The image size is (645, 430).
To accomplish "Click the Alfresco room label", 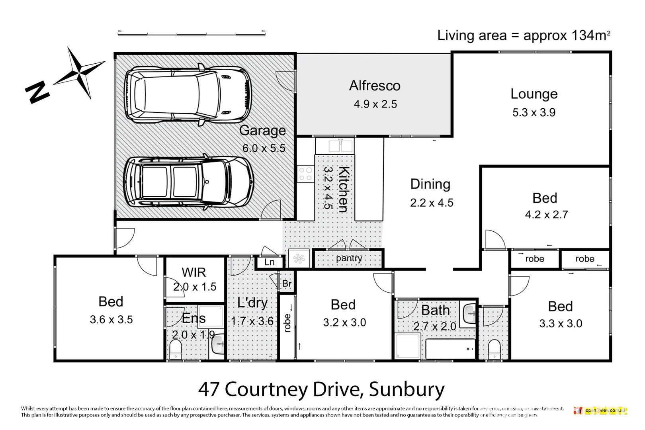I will point(375,86).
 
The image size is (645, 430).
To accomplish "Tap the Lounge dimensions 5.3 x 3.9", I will point(534,113).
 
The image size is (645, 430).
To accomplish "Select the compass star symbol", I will point(79,73).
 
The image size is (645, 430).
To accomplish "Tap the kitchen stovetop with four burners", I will point(305,174).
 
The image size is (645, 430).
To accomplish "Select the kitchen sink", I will point(340,146).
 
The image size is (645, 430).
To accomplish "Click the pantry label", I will point(349,258).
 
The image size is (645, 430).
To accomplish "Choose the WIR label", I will point(194,273).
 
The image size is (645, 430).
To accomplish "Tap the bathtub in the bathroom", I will point(450,349).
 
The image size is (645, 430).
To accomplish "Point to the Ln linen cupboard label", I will point(270,262).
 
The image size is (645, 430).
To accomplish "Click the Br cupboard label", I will point(287,284).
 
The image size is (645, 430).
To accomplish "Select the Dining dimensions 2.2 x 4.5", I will point(432,203).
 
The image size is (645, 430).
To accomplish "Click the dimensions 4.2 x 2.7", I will point(546,215).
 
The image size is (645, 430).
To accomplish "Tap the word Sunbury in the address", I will point(407,390).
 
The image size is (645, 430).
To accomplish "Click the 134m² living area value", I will point(590,36).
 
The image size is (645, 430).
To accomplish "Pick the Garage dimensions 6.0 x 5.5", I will point(264,149).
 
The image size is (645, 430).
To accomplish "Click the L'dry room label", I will point(252,303).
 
